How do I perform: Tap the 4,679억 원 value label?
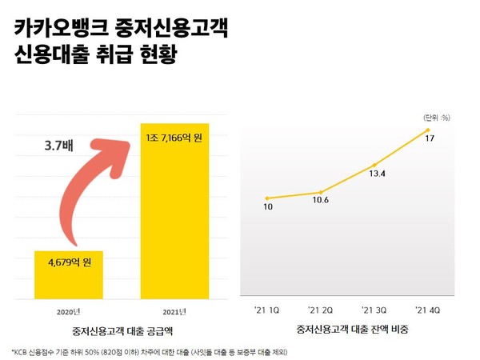tap(69, 262)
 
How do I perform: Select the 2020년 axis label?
tap(70, 310)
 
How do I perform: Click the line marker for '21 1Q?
tap(266, 198)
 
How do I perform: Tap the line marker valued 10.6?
tap(320, 192)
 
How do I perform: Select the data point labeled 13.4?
tap(374, 164)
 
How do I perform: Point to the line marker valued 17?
tap(429, 129)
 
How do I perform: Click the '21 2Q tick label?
tap(320, 309)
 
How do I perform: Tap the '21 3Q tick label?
tap(374, 309)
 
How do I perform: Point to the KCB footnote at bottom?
tap(184, 351)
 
